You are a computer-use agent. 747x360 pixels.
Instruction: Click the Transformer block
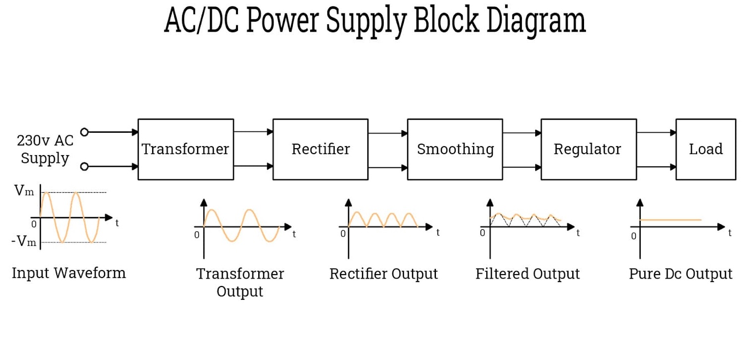pos(186,149)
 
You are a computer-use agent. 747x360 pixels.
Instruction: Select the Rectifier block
pos(320,149)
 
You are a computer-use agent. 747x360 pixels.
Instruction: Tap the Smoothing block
pos(455,149)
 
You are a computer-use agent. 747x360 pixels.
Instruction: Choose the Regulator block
pos(588,149)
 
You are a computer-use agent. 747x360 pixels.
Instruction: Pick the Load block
pos(706,149)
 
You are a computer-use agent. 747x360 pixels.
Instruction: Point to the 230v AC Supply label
pos(45,149)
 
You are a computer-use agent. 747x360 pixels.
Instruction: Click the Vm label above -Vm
pos(24,191)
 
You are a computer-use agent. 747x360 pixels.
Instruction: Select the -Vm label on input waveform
pos(23,242)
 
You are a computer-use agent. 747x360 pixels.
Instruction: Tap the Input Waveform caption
pos(69,273)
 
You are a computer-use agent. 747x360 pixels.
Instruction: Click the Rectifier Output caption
pos(384,274)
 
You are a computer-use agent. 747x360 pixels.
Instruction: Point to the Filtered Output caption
pos(527,274)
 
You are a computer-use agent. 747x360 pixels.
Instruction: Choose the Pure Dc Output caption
pos(680,274)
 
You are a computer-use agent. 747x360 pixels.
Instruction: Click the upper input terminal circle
pos(84,132)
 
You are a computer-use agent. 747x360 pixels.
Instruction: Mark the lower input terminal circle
pos(84,166)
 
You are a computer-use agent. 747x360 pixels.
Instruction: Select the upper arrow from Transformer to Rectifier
pos(253,132)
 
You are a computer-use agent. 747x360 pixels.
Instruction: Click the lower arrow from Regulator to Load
pos(656,167)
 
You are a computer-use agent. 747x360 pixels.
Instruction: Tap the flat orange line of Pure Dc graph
pos(670,220)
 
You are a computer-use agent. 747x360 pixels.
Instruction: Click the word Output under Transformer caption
pos(240,291)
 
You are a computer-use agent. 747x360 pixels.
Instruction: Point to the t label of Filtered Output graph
pos(578,233)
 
